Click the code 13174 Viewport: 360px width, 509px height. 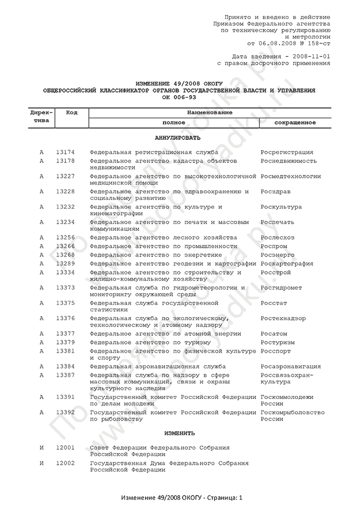65,152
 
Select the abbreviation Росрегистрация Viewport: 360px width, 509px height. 287,152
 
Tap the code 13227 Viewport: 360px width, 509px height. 65,176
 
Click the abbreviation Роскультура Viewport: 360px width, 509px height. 281,207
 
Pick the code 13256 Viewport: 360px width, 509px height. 65,238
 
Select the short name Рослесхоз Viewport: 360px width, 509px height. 278,238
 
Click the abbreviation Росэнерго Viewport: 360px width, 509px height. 278,255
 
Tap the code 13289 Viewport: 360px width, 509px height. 65,264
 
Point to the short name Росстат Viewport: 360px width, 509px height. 274,303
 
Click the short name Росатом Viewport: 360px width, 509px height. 274,334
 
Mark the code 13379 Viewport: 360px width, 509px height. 65,342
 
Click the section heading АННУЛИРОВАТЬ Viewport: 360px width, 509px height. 178,138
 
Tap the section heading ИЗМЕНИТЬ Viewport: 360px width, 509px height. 178,433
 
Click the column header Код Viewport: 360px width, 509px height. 72,113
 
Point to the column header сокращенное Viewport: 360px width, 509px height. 295,123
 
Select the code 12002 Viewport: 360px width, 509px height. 65,463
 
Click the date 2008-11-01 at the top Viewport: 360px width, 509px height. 311,55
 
